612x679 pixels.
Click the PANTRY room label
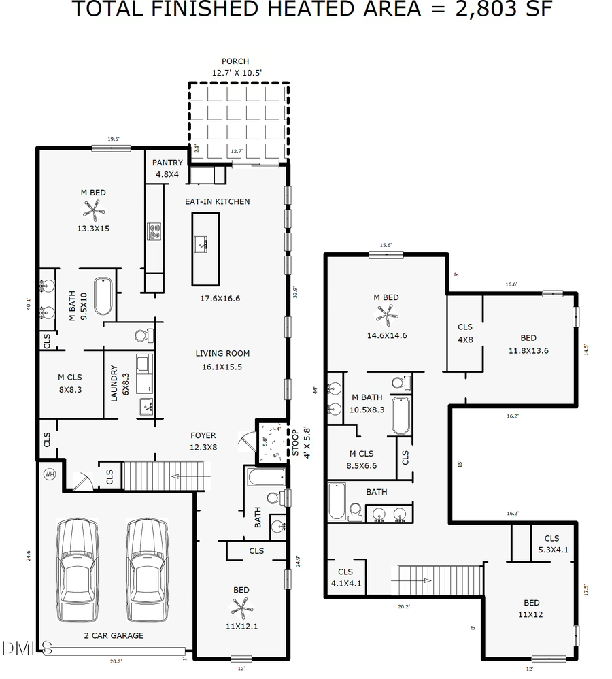(167, 163)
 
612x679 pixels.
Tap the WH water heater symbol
(50, 474)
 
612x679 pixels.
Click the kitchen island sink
(201, 243)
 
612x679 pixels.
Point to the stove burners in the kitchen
(154, 232)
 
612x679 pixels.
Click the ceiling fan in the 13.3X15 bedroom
(93, 210)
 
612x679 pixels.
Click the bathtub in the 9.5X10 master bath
(103, 296)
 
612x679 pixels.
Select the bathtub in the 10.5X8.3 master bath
(401, 415)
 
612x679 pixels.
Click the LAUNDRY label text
(114, 384)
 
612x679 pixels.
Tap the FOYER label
(203, 435)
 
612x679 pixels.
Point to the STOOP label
(295, 441)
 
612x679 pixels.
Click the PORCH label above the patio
(235, 61)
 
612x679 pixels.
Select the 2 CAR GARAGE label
(114, 635)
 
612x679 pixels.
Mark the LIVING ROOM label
(222, 353)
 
